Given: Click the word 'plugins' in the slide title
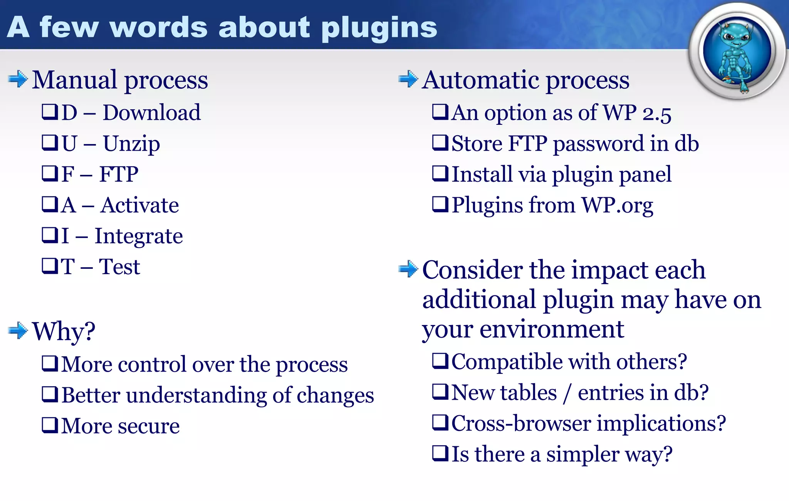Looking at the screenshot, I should (379, 29).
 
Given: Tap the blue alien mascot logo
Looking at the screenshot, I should (737, 52).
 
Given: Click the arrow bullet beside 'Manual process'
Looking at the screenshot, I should (18, 79).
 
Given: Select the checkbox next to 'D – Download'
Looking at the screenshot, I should (50, 112).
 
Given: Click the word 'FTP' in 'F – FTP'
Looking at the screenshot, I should (119, 174).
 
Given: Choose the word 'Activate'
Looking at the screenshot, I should (140, 205).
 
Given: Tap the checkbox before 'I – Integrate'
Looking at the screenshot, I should (50, 235).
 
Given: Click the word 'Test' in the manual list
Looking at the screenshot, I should (119, 266).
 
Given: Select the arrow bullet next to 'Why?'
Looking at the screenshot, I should (18, 330).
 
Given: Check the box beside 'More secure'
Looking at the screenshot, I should (50, 425).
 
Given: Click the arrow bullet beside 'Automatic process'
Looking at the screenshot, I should (408, 79).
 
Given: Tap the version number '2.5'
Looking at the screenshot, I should (656, 114).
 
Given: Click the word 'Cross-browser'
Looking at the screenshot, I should (521, 423).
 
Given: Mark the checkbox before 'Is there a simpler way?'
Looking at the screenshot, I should (440, 453).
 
